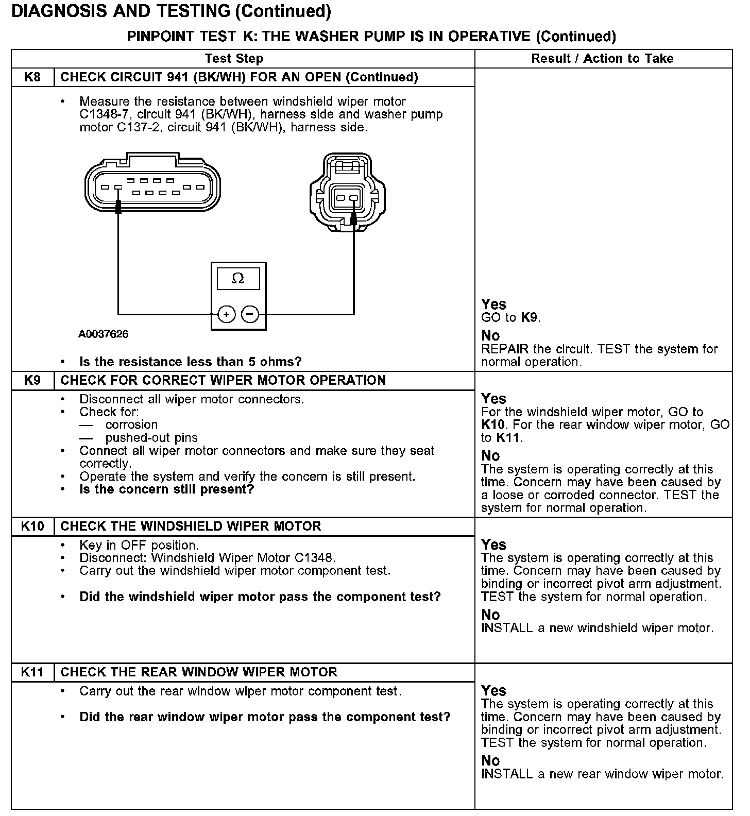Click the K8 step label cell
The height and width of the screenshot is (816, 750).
pos(32,77)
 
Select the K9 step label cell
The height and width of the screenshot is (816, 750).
pos(32,380)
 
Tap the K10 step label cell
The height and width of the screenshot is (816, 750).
pos(32,526)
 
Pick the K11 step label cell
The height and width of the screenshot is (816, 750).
pos(32,672)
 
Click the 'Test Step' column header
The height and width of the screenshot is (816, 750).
pos(234,59)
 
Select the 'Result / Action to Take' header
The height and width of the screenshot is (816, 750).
pos(602,59)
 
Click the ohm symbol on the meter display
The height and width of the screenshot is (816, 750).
pos(238,279)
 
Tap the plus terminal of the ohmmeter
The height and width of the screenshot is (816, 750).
pos(227,314)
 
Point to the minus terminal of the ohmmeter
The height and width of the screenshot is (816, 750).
pos(250,314)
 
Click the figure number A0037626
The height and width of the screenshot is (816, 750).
pos(104,334)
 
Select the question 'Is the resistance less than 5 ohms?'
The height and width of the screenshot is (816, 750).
pos(190,362)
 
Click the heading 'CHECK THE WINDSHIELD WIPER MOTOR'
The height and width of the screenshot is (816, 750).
pos(191,526)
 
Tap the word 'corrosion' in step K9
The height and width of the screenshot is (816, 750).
pos(131,425)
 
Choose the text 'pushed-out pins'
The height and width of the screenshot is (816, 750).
pos(151,438)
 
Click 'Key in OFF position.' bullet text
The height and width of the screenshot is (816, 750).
pos(139,545)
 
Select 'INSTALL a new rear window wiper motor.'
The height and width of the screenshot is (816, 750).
pos(602,774)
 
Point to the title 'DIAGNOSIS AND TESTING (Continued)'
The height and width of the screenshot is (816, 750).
pos(171,11)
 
